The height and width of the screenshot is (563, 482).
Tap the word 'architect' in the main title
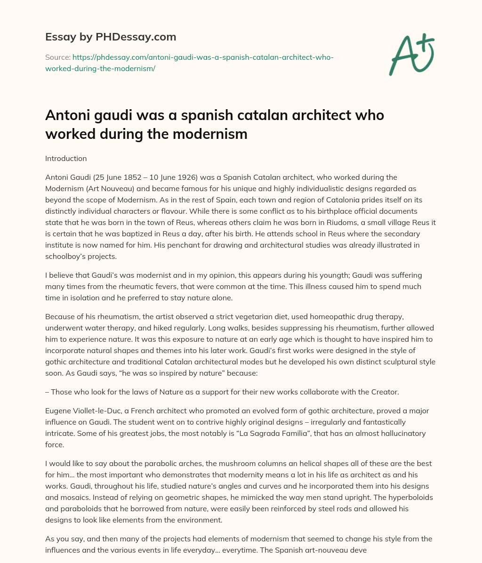coord(296,115)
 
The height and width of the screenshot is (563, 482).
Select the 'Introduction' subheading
coord(66,159)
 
